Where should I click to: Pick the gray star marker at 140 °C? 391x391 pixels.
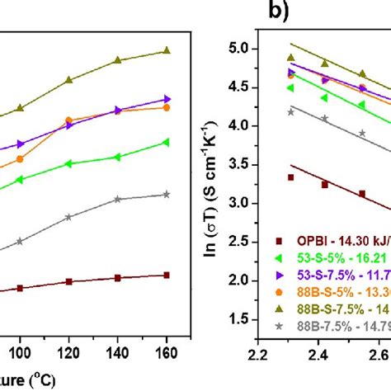click(118, 199)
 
